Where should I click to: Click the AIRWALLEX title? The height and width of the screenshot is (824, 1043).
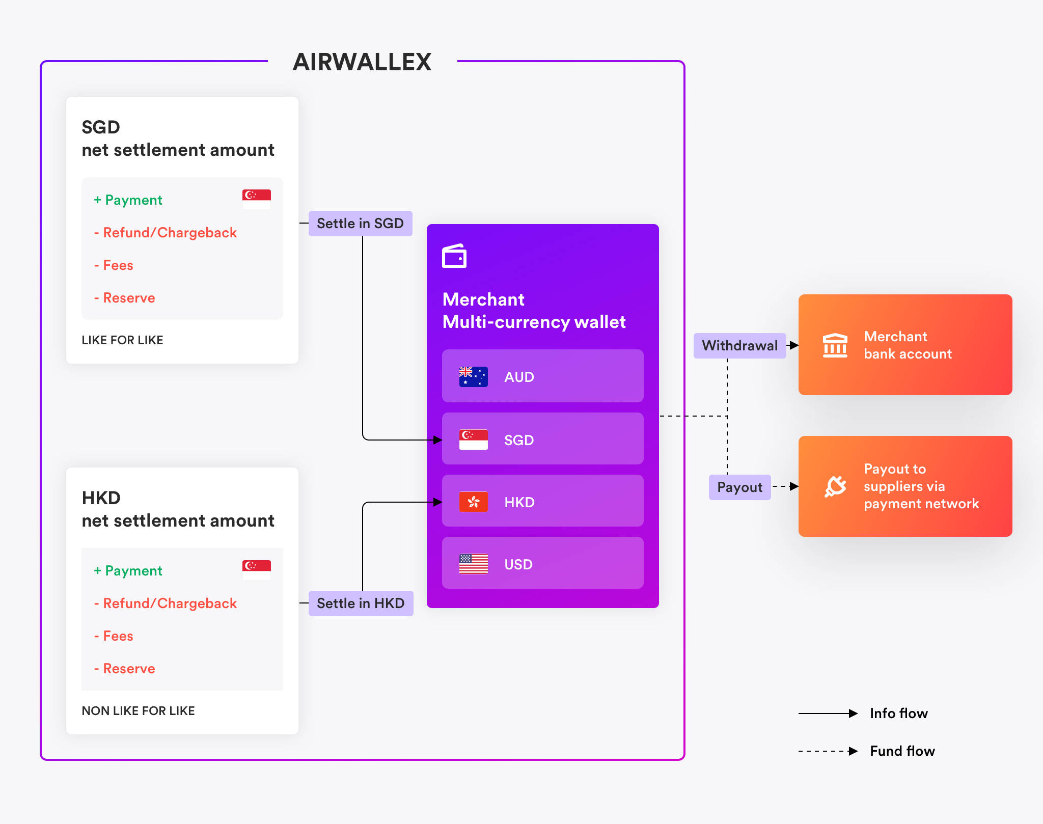coord(362,62)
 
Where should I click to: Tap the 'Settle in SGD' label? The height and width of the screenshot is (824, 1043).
coord(361,224)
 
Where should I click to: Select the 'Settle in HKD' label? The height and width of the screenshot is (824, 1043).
coord(361,603)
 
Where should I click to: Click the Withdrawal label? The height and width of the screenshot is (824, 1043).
coord(740,346)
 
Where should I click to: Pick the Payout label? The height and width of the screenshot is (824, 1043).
coord(740,487)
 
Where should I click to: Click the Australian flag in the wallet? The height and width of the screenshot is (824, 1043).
coord(474,377)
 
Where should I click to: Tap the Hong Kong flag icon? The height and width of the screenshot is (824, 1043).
coord(474,502)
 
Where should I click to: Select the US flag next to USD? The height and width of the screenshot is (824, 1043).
coord(474,564)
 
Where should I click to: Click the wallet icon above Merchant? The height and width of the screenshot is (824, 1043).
coord(454,256)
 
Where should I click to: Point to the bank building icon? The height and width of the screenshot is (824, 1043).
coord(835,346)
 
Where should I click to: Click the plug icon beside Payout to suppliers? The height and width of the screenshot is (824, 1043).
coord(835,486)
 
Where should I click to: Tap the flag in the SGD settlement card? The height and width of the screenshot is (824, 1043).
coord(257,199)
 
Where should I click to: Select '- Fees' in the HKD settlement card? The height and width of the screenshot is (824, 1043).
coord(114,636)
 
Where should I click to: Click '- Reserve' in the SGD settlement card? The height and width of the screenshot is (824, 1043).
coord(125,298)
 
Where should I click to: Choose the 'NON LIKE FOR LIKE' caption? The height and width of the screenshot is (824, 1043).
coord(138,711)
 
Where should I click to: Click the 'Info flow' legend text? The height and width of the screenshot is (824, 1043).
coord(899,713)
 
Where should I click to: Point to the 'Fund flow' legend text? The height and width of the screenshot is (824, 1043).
coord(902,751)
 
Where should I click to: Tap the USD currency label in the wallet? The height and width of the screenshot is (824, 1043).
coord(518,564)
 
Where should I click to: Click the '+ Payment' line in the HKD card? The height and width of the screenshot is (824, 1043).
coord(128,571)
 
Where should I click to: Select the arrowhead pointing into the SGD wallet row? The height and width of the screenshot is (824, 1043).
coord(437,440)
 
